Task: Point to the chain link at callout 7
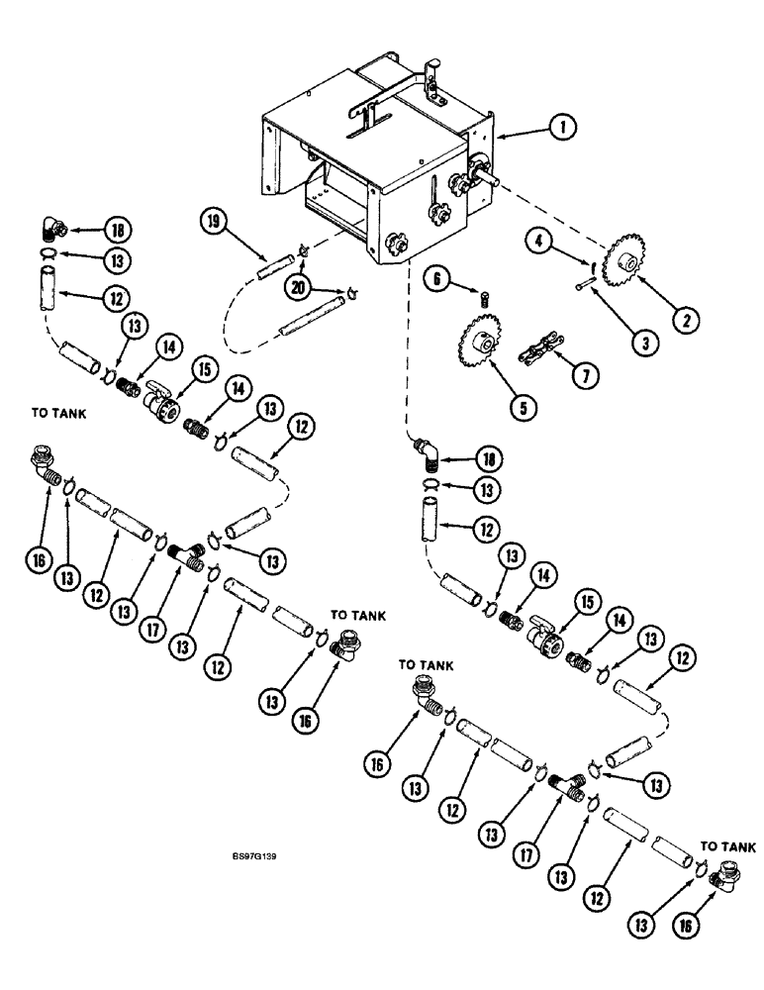540,355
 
